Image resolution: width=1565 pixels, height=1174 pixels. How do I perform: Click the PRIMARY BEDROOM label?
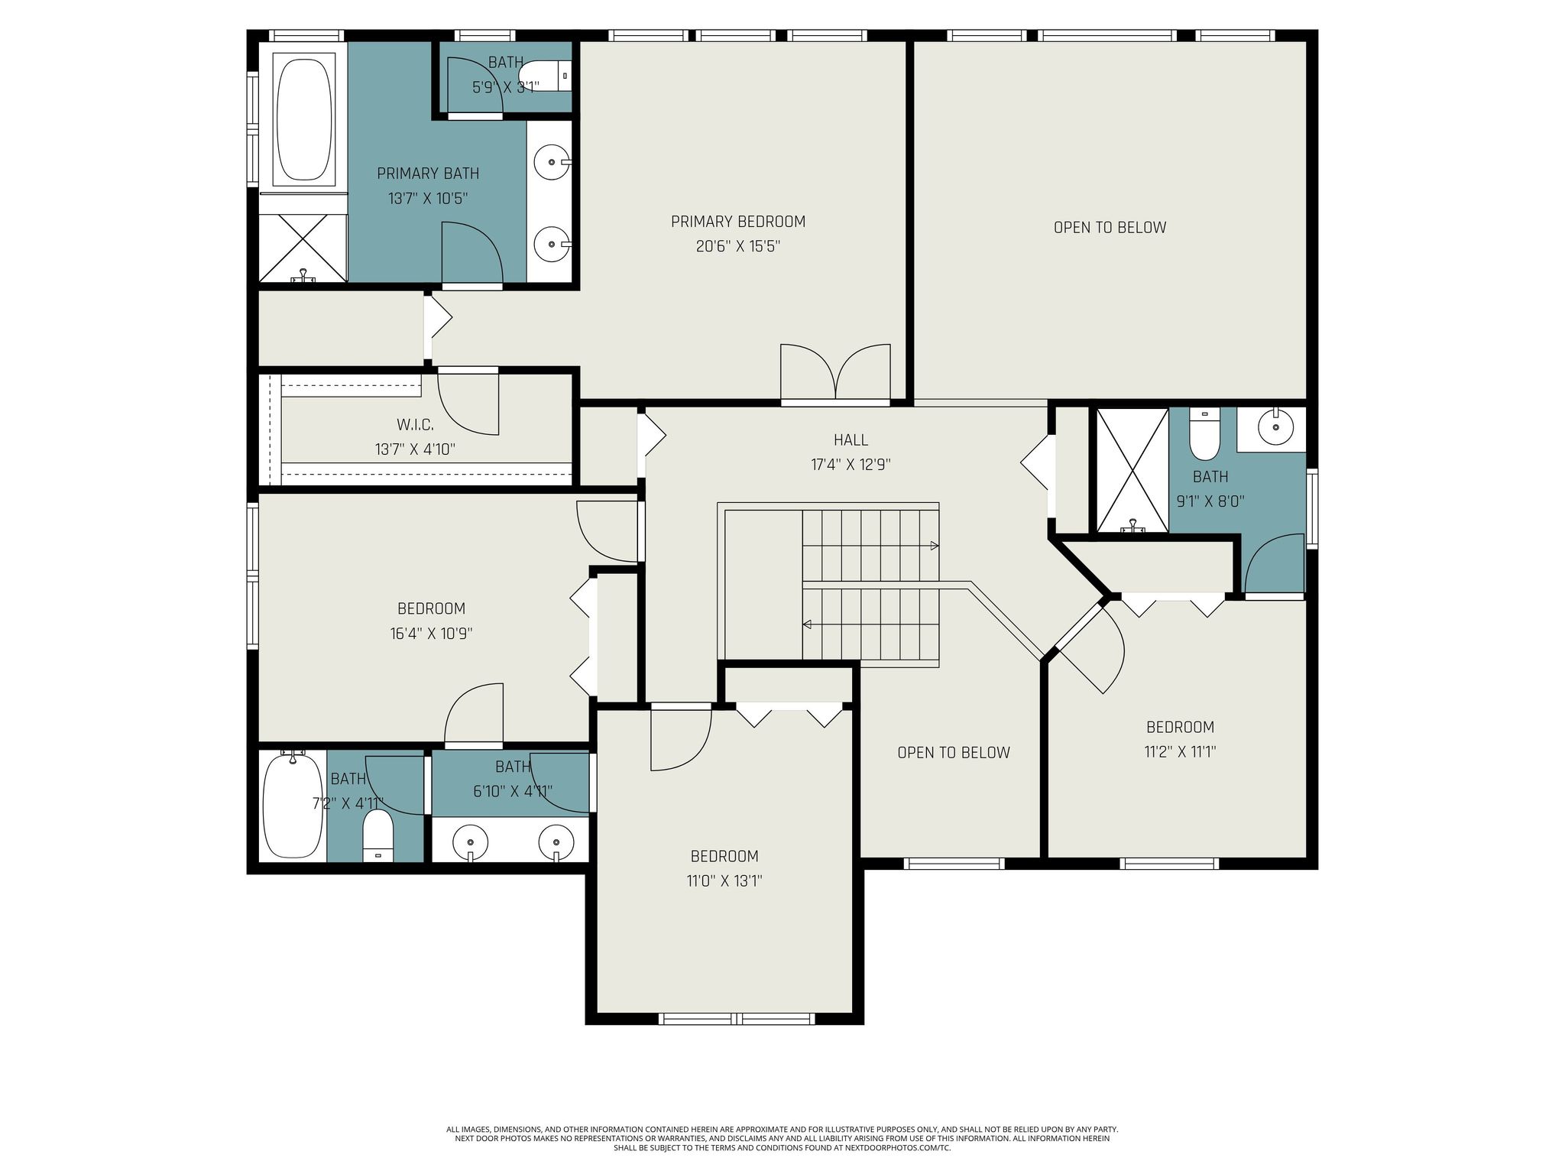coord(738,222)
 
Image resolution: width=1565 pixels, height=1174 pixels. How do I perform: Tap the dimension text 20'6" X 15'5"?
coord(738,247)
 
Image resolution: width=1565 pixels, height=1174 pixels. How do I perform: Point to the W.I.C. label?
coord(415,425)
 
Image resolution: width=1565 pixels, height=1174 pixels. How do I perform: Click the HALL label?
coord(851,440)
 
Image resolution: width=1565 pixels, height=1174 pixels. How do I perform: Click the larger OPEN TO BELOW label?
coord(1110,228)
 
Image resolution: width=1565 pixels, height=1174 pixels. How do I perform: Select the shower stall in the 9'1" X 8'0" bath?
coord(1132,469)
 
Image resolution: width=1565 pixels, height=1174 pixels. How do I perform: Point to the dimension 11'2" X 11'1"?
coord(1180,752)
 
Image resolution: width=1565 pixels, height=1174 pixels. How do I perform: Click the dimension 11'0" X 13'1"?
coord(724,881)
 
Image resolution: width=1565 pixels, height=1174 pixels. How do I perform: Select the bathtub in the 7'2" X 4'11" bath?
coord(293,804)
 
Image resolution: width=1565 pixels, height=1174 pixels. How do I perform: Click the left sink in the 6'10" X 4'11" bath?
coord(470,843)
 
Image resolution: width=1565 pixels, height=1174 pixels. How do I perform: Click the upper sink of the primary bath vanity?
coord(549,162)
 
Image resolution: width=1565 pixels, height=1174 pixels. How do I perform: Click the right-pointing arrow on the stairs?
coord(934,546)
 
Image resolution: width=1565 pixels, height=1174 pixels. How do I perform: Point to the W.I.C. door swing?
coord(467,405)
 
